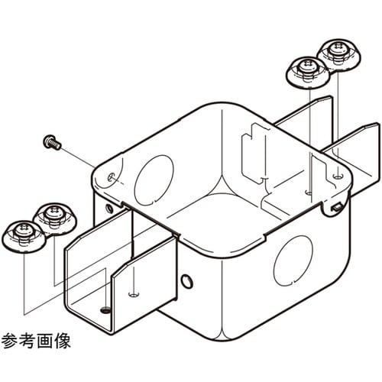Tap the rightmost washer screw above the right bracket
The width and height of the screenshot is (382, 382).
336,53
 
